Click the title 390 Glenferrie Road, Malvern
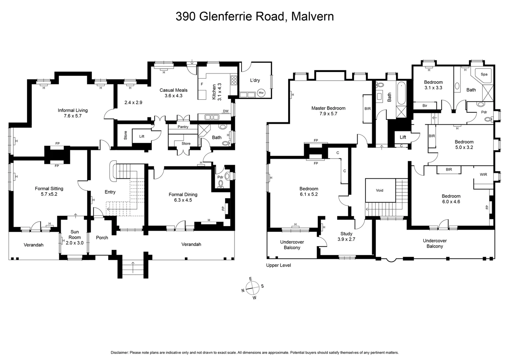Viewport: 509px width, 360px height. (x=254, y=16)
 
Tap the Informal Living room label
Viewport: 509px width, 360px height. (x=73, y=113)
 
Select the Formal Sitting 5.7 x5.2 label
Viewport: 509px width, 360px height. (x=49, y=191)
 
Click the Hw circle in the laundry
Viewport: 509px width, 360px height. (x=261, y=93)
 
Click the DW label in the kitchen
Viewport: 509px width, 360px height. (x=226, y=111)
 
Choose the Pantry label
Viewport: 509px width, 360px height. (x=183, y=127)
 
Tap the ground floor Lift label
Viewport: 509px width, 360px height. (x=142, y=136)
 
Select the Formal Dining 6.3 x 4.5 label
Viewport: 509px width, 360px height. (x=183, y=197)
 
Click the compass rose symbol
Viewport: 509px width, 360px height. (x=253, y=287)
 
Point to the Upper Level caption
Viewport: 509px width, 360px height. (x=278, y=265)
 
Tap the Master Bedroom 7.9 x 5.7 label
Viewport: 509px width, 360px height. (x=328, y=111)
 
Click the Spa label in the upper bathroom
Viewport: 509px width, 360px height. (x=484, y=74)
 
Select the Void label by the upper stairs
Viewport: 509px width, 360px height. (x=379, y=190)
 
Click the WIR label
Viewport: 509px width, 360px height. (x=483, y=175)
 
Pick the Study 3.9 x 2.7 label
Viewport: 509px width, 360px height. (x=346, y=236)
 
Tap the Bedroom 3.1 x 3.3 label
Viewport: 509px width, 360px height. (x=433, y=85)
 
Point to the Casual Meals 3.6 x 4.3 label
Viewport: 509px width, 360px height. (x=174, y=93)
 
